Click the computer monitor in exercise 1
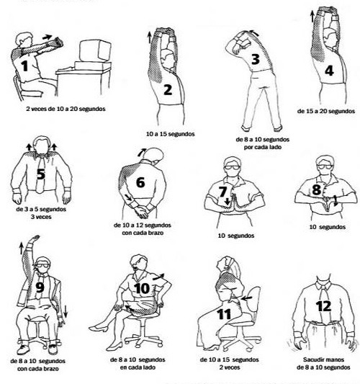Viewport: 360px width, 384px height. coord(95,50)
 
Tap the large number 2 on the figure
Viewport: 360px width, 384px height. coord(168,90)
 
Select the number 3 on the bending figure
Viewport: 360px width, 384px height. coord(256,59)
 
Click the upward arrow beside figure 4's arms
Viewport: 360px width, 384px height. coord(312,16)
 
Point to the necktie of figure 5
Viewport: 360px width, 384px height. coord(40,174)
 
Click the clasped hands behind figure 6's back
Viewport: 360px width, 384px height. coord(141,212)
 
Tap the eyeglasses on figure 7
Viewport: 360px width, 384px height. coord(233,168)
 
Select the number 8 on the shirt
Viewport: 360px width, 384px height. coord(316,189)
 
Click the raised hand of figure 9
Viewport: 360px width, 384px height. coord(35,238)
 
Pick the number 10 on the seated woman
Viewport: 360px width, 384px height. coord(142,288)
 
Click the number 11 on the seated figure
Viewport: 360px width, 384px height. coord(224,314)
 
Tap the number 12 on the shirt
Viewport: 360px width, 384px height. coord(323,306)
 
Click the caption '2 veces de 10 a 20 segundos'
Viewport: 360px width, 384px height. coord(66,109)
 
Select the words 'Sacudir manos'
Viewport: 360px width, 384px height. coord(323,360)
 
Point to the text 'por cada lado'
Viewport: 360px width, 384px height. coord(263,147)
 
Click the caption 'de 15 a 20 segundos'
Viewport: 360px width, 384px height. coord(326,111)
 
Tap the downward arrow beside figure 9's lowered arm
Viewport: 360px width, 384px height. coord(66,311)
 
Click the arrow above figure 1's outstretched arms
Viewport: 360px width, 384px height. coord(47,37)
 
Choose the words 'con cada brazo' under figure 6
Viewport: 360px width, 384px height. coord(143,233)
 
